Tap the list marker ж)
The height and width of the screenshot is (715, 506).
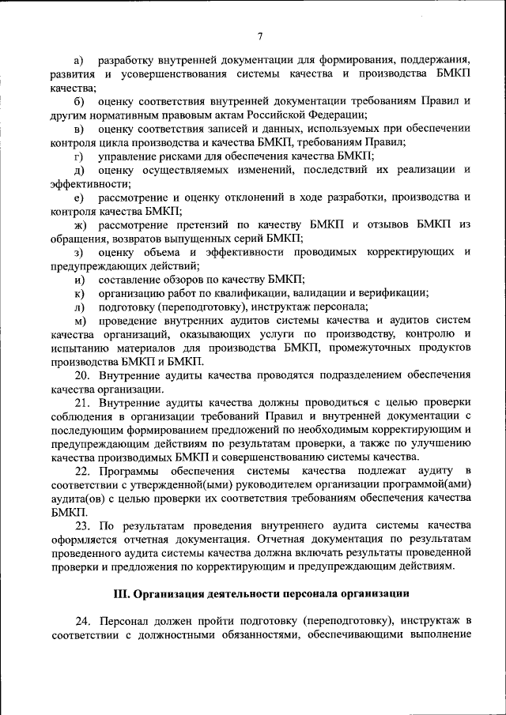pyautogui.click(x=79, y=225)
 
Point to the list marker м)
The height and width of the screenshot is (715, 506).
pyautogui.click(x=79, y=320)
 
